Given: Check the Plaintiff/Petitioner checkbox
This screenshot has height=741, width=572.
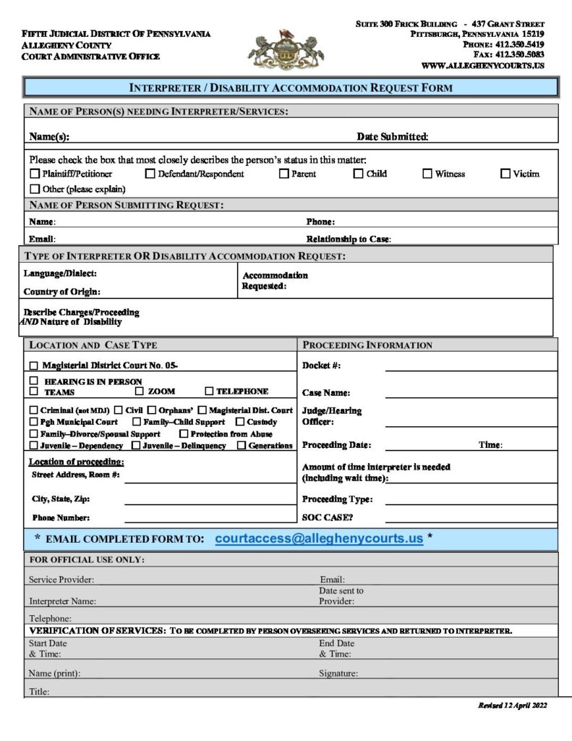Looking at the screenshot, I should point(35,174).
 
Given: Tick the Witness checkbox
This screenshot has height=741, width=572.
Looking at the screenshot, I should point(427,174).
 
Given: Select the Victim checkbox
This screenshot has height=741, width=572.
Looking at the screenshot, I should point(505,174).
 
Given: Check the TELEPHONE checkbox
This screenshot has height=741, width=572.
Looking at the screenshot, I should point(209,391).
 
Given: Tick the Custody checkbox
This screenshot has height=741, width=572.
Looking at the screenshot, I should point(240,422).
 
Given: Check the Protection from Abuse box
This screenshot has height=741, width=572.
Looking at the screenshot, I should point(184,434).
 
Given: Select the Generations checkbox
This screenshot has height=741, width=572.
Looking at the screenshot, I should point(242,446).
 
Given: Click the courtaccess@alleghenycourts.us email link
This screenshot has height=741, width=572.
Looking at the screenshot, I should point(319,539).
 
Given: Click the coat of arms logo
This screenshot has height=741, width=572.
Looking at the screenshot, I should point(286,49).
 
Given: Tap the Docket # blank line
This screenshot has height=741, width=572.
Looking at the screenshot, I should point(471,369).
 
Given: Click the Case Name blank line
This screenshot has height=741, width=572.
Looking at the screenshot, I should point(471,397).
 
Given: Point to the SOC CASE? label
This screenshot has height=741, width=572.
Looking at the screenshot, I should point(328,518).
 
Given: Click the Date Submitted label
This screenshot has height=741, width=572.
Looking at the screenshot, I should point(393,137).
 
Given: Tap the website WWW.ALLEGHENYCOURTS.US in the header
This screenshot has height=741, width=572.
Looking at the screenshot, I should point(482,65).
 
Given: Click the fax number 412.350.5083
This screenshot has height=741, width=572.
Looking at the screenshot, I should point(520,54).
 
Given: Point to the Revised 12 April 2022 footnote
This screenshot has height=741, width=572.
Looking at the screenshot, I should point(512,706).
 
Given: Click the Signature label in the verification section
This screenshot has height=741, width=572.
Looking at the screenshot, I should point(338,674).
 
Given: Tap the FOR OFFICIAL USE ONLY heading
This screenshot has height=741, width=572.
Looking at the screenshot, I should point(87,560).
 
